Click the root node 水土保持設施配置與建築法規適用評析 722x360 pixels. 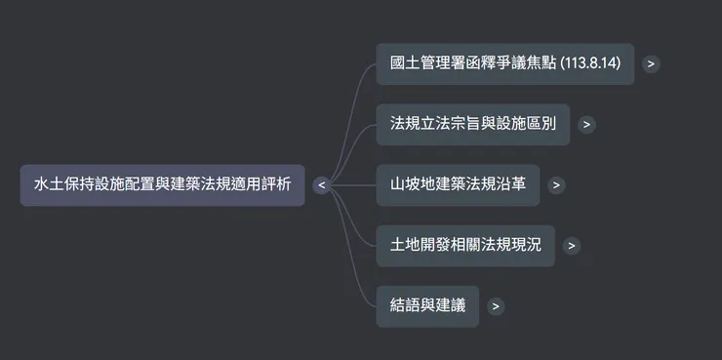(162, 184)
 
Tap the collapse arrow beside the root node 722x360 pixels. (321, 184)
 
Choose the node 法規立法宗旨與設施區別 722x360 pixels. (472, 124)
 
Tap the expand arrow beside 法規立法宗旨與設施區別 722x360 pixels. (585, 124)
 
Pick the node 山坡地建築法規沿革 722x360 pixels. (457, 184)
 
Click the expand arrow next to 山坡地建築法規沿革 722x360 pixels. (556, 184)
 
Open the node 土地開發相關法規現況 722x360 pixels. (464, 245)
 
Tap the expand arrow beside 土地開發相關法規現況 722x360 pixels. (572, 245)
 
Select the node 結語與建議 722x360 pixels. (427, 305)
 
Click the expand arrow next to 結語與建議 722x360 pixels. (496, 305)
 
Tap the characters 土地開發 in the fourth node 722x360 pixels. (420, 245)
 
